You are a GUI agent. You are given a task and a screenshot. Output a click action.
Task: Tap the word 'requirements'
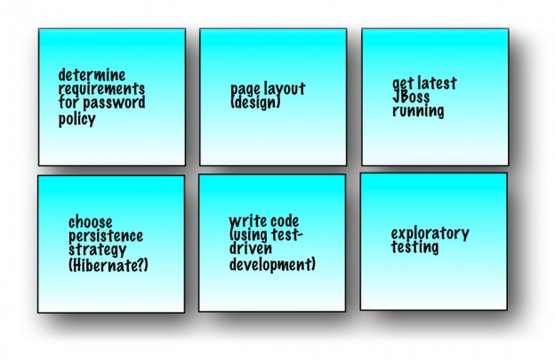click(101, 90)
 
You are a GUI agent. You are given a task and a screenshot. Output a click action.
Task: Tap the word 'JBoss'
click(412, 98)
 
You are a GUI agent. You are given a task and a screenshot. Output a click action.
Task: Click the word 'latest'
click(436, 84)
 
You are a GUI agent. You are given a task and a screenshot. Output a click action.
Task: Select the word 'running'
click(418, 112)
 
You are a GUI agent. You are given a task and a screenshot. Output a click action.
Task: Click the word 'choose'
click(91, 221)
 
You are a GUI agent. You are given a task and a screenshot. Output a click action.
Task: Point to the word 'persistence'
click(105, 236)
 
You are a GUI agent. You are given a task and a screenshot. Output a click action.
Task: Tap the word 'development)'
click(272, 264)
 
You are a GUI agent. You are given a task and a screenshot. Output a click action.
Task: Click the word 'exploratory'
click(430, 235)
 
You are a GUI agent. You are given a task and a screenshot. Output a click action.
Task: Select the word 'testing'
click(414, 248)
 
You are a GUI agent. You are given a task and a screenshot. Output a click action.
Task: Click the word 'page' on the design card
click(245, 90)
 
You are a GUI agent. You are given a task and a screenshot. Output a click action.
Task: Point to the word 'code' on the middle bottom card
click(285, 221)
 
